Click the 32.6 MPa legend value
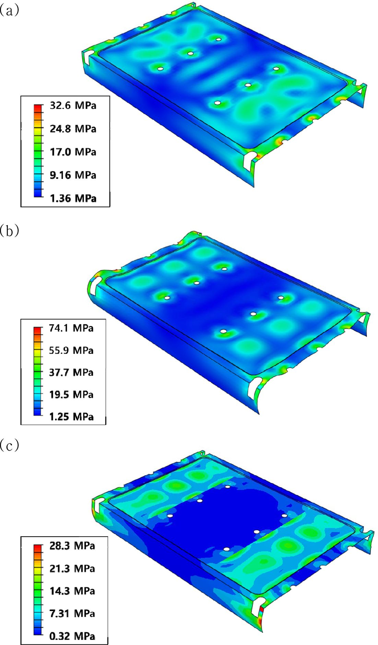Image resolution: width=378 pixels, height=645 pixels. pos(73,105)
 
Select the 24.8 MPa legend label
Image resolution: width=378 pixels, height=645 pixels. pos(73,129)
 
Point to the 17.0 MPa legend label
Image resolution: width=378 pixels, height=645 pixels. pos(73,152)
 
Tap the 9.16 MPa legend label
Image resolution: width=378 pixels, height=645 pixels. pos(73,175)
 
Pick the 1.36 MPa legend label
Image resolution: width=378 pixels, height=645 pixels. pos(73,198)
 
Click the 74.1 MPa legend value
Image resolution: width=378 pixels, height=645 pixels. pos(71,328)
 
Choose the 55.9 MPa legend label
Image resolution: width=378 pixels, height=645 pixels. pos(71,350)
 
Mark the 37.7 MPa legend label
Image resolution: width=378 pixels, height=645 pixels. pos(71,372)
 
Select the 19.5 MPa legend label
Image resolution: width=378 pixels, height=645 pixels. pos(71,394)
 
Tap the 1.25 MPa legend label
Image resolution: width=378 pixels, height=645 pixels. pos(71,416)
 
